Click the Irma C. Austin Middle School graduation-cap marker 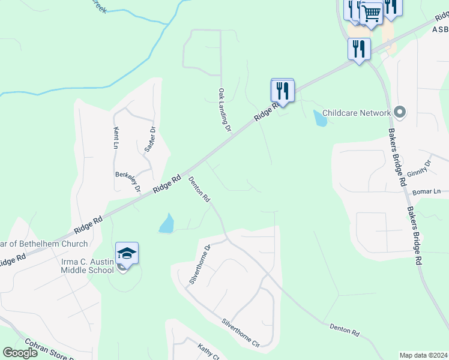(x=127, y=253)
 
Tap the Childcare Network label (x=357, y=112)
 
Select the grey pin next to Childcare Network (x=400, y=112)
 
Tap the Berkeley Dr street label (x=127, y=181)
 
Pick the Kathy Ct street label (x=209, y=350)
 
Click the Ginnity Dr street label (x=419, y=168)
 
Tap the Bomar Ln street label (x=426, y=192)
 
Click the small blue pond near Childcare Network (x=320, y=118)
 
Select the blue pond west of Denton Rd (x=167, y=224)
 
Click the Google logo (x=20, y=353)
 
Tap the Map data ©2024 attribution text (x=423, y=355)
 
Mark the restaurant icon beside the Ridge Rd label (x=282, y=91)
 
